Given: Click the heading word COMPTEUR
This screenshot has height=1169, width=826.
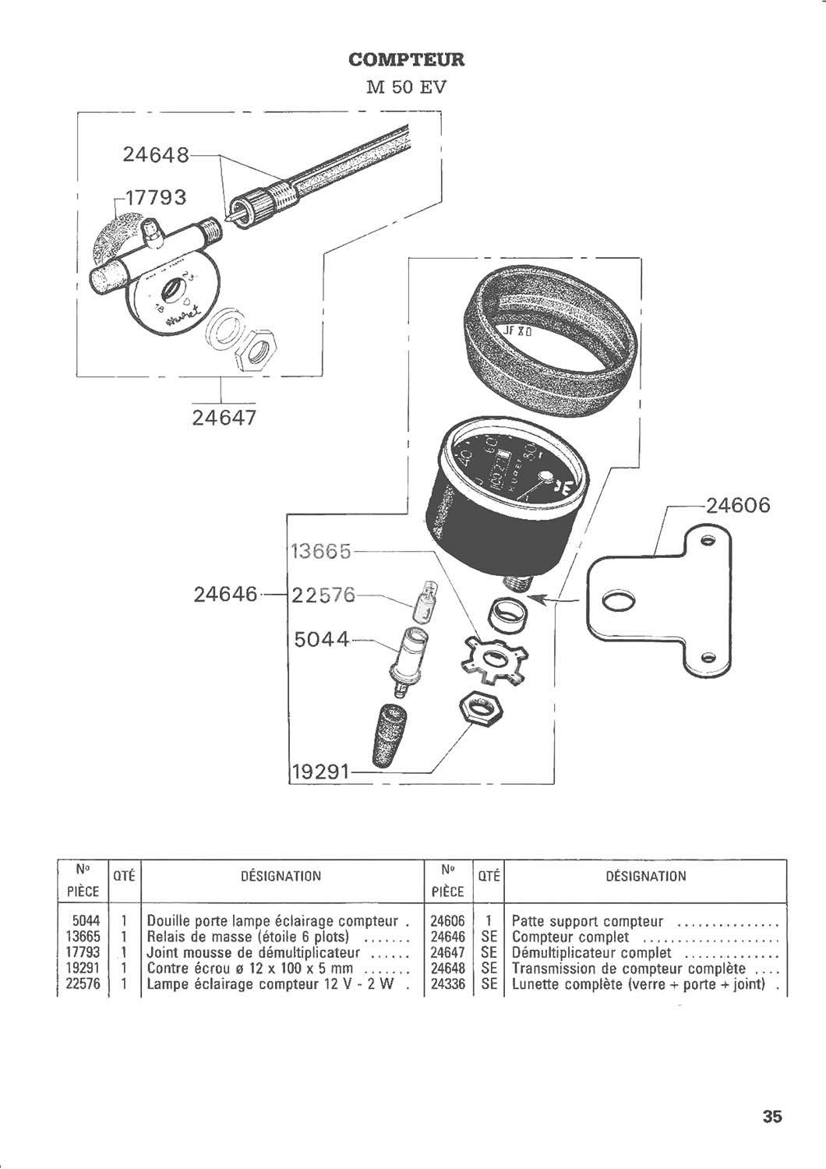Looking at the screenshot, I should [406, 59].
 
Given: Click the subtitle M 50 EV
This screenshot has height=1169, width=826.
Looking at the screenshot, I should [406, 86].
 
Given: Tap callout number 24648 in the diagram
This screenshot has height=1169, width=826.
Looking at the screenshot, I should [156, 155].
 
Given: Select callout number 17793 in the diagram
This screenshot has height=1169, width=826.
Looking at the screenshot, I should [154, 197].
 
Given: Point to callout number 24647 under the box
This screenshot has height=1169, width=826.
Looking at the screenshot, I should [224, 419].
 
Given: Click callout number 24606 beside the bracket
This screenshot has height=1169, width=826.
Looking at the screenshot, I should [736, 506].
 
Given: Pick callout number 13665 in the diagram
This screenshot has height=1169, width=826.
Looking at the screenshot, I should [322, 551].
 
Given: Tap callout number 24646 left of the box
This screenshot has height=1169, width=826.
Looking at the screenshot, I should [225, 595].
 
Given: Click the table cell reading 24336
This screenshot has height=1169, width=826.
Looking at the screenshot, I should [447, 984].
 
